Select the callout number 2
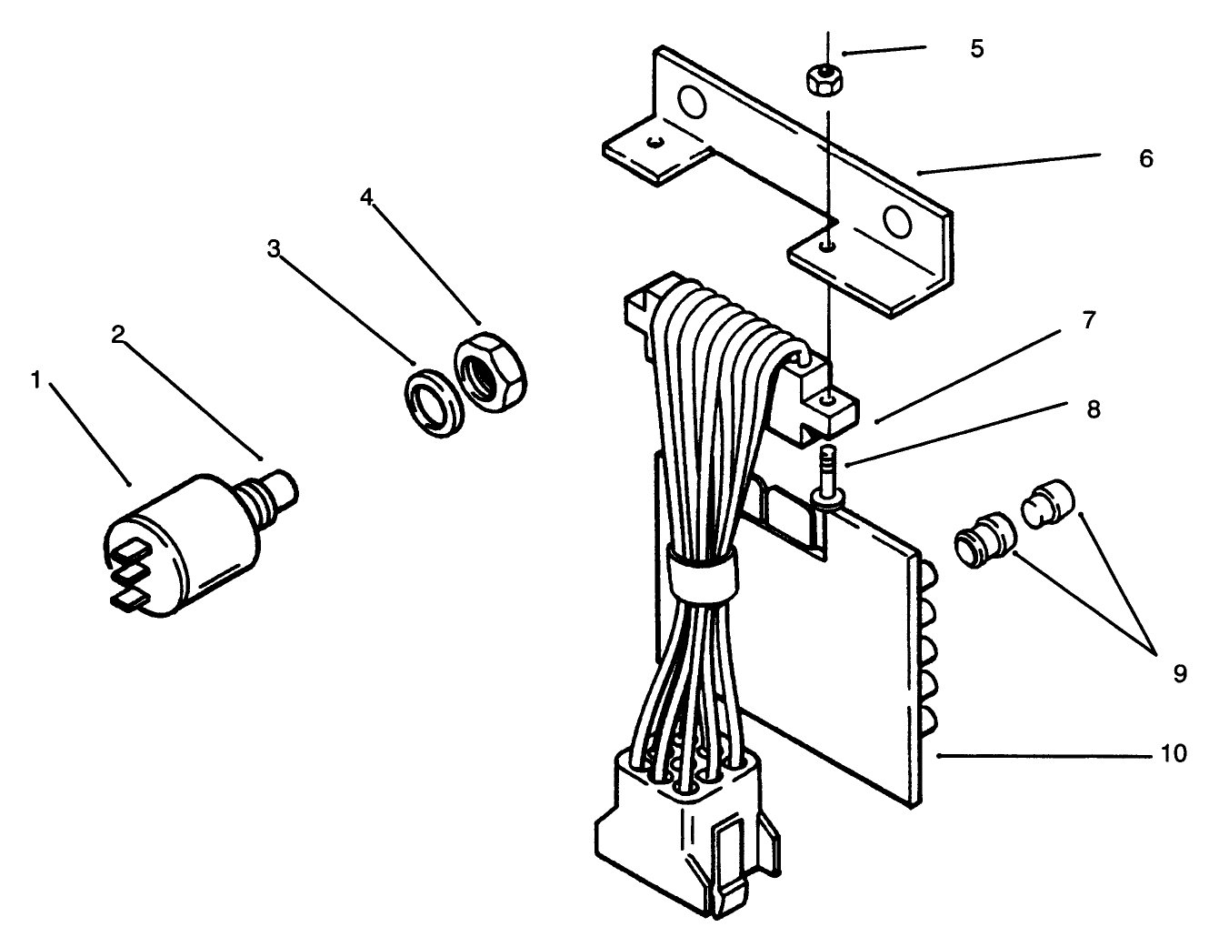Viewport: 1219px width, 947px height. point(117,335)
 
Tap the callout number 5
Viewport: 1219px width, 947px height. point(976,49)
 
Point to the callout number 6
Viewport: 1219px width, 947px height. point(1145,159)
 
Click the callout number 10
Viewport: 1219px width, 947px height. point(1174,754)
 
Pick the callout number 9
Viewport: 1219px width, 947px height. point(1179,674)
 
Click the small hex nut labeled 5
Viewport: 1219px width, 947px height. point(821,79)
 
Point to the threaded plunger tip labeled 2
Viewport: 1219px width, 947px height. point(277,486)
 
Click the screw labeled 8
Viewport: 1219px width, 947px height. point(828,468)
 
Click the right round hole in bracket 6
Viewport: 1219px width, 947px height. point(895,220)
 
